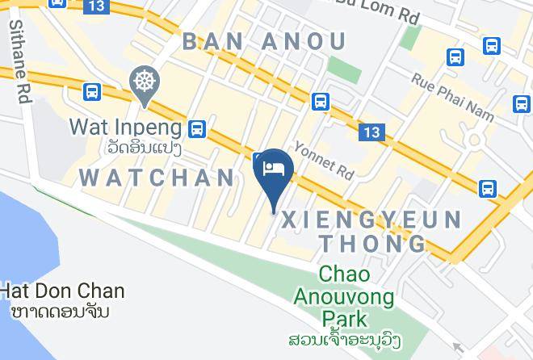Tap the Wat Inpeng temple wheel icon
click(x=145, y=82)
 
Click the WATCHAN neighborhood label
click(x=158, y=177)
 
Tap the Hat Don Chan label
click(x=62, y=291)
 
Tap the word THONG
click(x=373, y=244)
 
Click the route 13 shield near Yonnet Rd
click(x=372, y=132)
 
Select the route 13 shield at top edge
click(x=96, y=6)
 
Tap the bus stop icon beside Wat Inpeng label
click(x=196, y=128)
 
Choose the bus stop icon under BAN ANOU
click(x=321, y=101)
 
